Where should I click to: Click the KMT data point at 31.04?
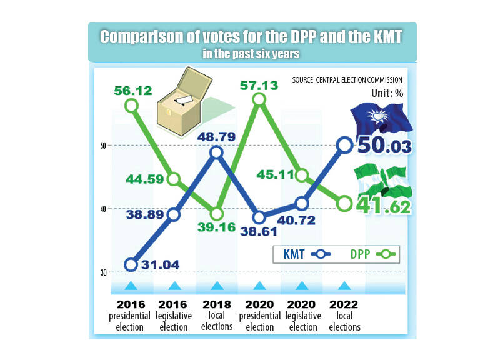[131, 264]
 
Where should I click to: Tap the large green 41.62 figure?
[384, 205]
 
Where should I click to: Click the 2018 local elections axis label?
[217, 315]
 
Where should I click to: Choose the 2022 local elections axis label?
[344, 315]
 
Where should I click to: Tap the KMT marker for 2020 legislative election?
[302, 203]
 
